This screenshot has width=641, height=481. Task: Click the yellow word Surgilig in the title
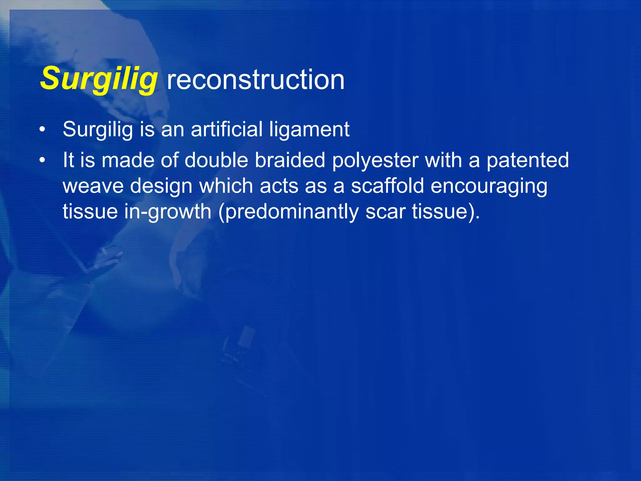tap(99, 79)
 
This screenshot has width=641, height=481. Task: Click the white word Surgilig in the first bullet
tap(98, 129)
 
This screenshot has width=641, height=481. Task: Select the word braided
tap(290, 160)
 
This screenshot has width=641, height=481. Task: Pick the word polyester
tap(375, 161)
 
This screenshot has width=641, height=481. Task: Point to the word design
tap(161, 186)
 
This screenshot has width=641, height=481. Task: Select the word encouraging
tap(489, 186)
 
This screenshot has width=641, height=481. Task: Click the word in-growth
tap(168, 212)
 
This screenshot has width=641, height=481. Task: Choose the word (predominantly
tap(288, 212)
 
